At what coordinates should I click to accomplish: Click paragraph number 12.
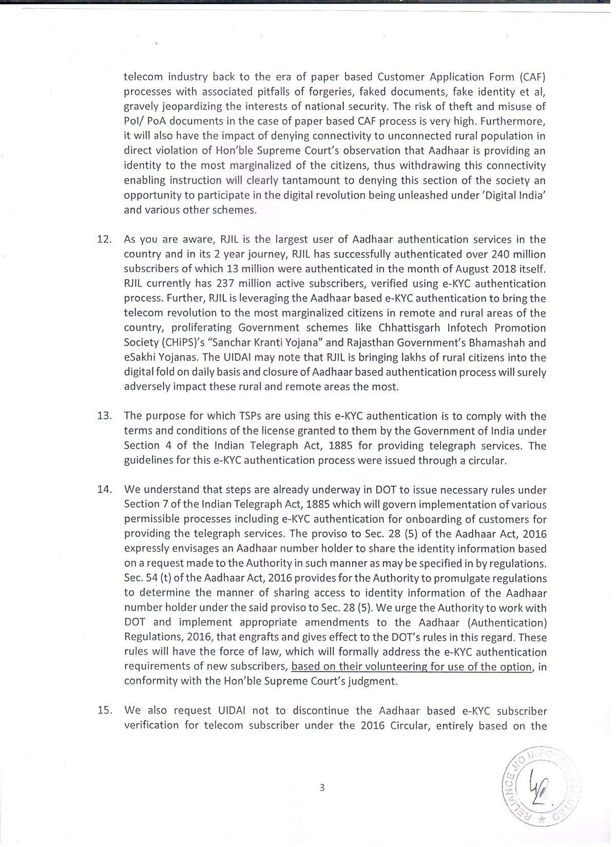[104, 240]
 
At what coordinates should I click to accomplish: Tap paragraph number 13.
[104, 416]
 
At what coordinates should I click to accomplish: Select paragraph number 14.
[104, 490]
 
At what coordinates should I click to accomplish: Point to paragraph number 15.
[104, 711]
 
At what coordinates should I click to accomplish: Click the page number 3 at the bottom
[322, 788]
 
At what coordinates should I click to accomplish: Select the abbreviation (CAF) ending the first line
[532, 78]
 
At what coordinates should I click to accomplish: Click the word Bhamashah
[494, 343]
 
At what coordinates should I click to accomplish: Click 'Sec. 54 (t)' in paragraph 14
[147, 579]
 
